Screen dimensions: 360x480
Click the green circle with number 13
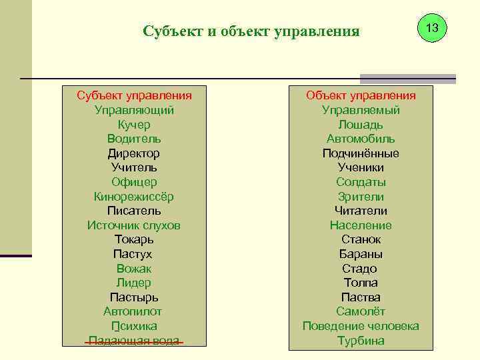[431, 28]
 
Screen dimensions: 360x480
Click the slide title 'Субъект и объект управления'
[251, 31]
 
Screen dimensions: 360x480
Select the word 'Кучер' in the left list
[134, 125]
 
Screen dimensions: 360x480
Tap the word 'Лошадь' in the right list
[361, 125]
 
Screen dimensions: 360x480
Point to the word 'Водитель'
[134, 139]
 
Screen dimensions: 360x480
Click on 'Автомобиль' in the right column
[361, 139]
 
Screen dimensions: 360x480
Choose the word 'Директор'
[134, 153]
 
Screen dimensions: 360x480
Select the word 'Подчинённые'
[361, 153]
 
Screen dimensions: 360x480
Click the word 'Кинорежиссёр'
[134, 197]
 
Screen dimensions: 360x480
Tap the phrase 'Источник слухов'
[134, 225]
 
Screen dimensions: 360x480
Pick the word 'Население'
[361, 225]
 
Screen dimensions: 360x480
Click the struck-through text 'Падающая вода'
[134, 341]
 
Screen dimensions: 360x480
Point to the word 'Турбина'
[361, 341]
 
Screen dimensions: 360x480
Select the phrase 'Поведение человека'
[361, 326]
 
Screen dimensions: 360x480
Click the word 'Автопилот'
[133, 311]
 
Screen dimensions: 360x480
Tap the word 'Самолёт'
[361, 311]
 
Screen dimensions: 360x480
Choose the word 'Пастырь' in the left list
[134, 297]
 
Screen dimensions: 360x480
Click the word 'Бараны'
[361, 254]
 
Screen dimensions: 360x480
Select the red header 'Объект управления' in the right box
[361, 95]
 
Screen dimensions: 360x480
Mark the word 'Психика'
[134, 326]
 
